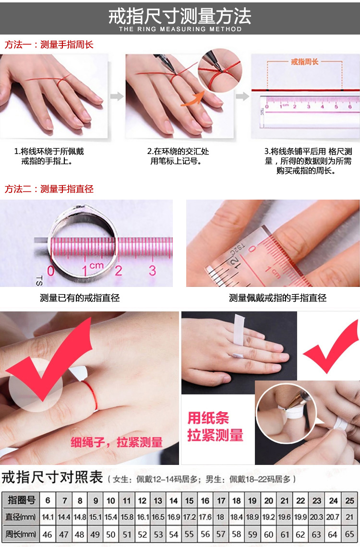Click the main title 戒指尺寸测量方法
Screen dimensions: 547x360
(180, 16)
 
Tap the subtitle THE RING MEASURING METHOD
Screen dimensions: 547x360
(180, 29)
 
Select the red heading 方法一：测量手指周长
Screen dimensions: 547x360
(49, 45)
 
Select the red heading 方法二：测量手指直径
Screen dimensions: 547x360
(49, 189)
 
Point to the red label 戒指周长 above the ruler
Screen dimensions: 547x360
(305, 62)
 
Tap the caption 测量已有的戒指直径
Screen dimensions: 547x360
(80, 298)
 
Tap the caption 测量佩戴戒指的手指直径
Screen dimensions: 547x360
(277, 298)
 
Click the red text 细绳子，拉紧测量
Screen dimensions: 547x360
(117, 442)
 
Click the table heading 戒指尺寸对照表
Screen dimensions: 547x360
(53, 478)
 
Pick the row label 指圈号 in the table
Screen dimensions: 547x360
(21, 500)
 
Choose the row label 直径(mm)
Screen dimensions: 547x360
(21, 517)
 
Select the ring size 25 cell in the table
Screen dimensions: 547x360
(350, 500)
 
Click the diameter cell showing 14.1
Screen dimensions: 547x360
(48, 517)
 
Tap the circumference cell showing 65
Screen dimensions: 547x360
(350, 534)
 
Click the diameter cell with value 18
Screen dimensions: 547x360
(221, 517)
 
